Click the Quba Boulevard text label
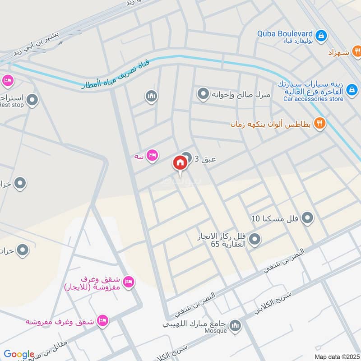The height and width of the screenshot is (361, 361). (285, 33)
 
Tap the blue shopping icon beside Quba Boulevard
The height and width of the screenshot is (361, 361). (321, 35)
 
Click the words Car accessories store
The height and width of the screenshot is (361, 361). (313, 99)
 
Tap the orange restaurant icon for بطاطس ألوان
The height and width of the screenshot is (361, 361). (319, 123)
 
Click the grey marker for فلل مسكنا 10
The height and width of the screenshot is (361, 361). (307, 219)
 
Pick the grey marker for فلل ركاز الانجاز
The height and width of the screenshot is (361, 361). (255, 239)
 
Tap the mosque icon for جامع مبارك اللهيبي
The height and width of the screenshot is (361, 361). (235, 325)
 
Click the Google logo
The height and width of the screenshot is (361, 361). (19, 354)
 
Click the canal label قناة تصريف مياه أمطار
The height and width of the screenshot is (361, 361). (115, 74)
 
